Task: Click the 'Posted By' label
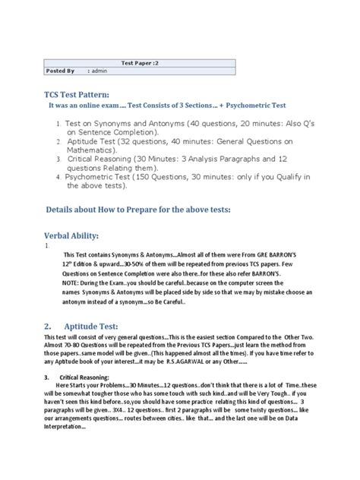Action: pyautogui.click(x=60, y=70)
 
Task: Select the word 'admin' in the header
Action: pyautogui.click(x=100, y=70)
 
